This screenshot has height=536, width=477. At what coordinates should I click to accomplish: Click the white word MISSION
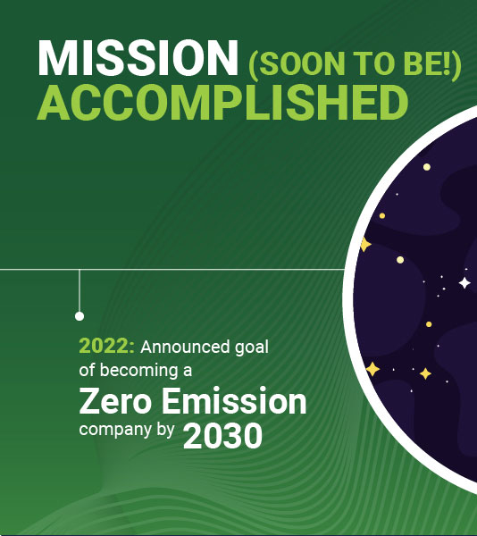tap(138, 58)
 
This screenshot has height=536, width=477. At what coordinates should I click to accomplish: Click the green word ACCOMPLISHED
tap(222, 103)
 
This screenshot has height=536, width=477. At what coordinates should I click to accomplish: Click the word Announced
tap(185, 347)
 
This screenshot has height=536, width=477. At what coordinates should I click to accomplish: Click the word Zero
tap(115, 401)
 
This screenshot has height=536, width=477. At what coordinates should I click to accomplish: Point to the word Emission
tap(234, 400)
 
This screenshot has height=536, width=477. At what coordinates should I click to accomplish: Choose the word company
tap(115, 431)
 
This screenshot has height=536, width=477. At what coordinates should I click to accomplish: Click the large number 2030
tap(222, 436)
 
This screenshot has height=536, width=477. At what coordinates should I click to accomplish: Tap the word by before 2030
tap(165, 430)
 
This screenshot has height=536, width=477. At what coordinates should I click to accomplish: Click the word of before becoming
tap(87, 370)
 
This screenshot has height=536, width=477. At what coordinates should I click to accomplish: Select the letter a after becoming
tap(188, 372)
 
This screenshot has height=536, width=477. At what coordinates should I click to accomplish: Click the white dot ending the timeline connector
tap(79, 316)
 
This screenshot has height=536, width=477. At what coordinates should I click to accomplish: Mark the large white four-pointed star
tap(464, 283)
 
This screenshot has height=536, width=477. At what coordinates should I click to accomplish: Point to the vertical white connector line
tap(79, 290)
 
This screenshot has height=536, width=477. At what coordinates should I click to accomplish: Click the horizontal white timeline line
tap(172, 270)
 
